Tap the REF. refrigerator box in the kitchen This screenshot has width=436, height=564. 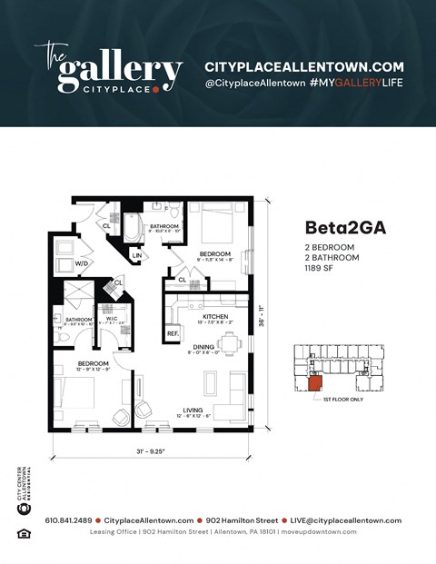[172, 334]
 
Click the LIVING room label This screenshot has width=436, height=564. [193, 410]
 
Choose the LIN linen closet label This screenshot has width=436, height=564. [136, 256]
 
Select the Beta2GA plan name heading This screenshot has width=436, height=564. [345, 229]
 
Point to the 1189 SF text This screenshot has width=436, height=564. [319, 268]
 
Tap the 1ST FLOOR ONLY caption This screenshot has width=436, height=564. [343, 399]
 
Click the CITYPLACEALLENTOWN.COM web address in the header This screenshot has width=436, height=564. [303, 67]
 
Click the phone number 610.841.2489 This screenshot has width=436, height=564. [69, 520]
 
